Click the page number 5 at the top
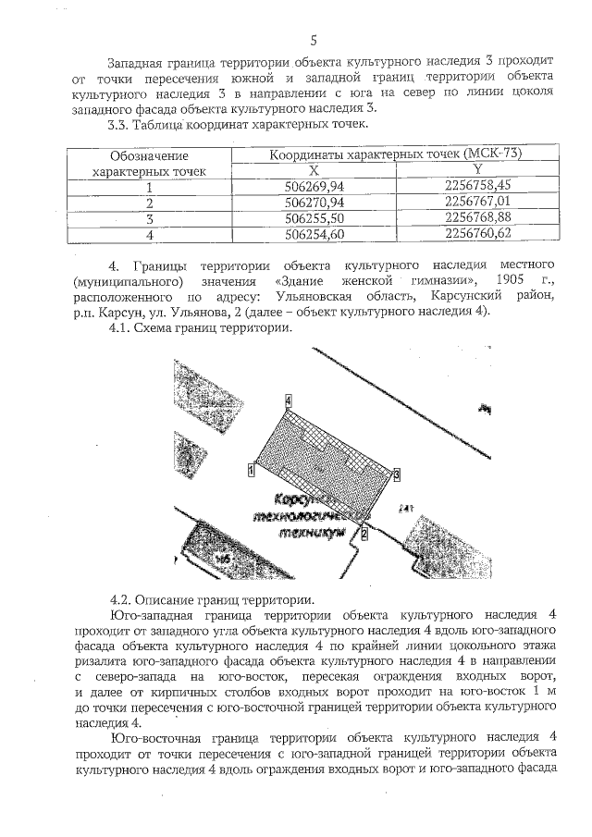tap(314, 40)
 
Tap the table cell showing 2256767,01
tap(477, 202)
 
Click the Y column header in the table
tap(477, 170)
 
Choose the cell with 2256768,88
tap(477, 218)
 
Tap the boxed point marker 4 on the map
tap(289, 400)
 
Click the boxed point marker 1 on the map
tap(252, 469)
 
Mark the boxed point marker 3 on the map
tap(396, 474)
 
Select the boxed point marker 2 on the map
tap(364, 534)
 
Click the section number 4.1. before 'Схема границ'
tap(124, 327)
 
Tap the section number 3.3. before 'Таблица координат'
tap(124, 124)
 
